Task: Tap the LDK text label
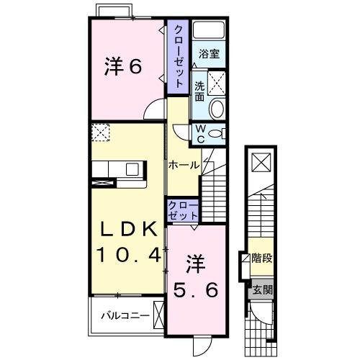[127, 229]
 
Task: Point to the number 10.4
[127, 254]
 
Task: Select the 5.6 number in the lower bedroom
[194, 289]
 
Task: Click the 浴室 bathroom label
[210, 55]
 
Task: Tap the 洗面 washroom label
[199, 90]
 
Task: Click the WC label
[200, 134]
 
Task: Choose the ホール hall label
[184, 165]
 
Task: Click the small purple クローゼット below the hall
[183, 210]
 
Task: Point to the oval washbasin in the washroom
[216, 108]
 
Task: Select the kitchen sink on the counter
[132, 169]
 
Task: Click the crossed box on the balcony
[160, 315]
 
